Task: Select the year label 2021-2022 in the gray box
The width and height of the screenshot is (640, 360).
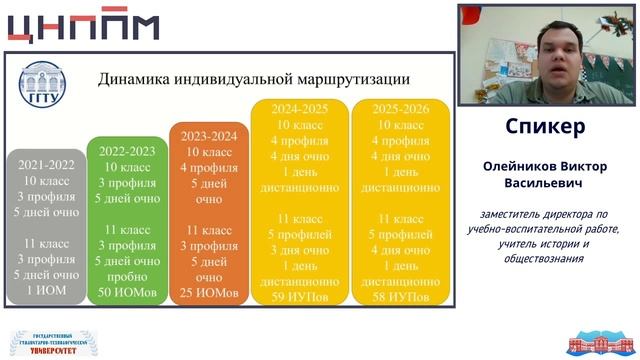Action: pyautogui.click(x=45, y=165)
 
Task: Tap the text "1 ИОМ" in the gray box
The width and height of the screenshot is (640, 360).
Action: pyautogui.click(x=45, y=290)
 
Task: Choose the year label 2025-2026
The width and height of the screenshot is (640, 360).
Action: pyautogui.click(x=399, y=107)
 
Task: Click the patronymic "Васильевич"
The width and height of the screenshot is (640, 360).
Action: pyautogui.click(x=545, y=183)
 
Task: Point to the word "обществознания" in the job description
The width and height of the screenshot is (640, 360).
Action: pyautogui.click(x=545, y=259)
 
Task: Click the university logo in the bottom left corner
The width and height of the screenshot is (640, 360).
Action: pyautogui.click(x=50, y=341)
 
